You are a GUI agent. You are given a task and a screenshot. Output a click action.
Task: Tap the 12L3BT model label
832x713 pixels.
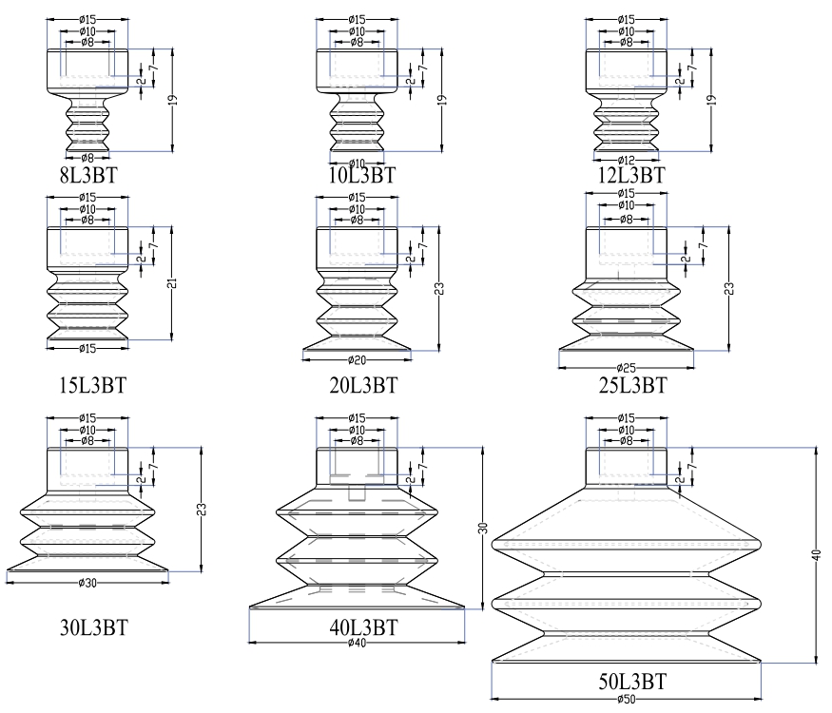pos(626,175)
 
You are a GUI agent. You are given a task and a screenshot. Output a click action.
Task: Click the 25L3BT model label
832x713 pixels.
pos(626,385)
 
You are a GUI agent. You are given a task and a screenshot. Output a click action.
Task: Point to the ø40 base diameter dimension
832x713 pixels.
pos(358,644)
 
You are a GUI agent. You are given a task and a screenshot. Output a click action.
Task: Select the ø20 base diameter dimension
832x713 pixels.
pos(358,360)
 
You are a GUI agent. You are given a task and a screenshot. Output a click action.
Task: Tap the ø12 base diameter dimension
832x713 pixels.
pos(626,158)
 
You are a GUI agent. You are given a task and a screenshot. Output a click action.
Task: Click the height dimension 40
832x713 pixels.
pos(815,556)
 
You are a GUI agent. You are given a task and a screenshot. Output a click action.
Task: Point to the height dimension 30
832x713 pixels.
pos(483,527)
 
